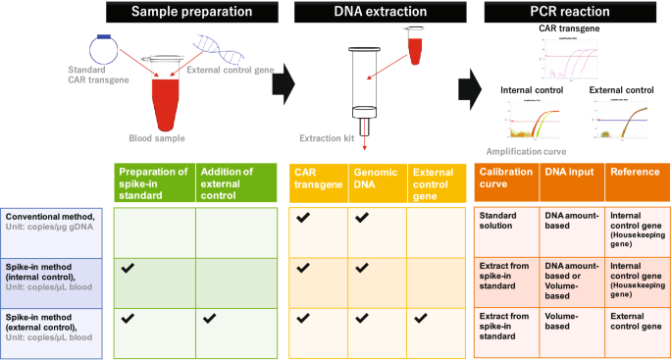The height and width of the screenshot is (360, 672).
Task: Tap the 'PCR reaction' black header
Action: (569, 13)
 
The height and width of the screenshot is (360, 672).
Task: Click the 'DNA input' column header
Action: (567, 172)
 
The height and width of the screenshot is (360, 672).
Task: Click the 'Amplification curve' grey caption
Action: (526, 152)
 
